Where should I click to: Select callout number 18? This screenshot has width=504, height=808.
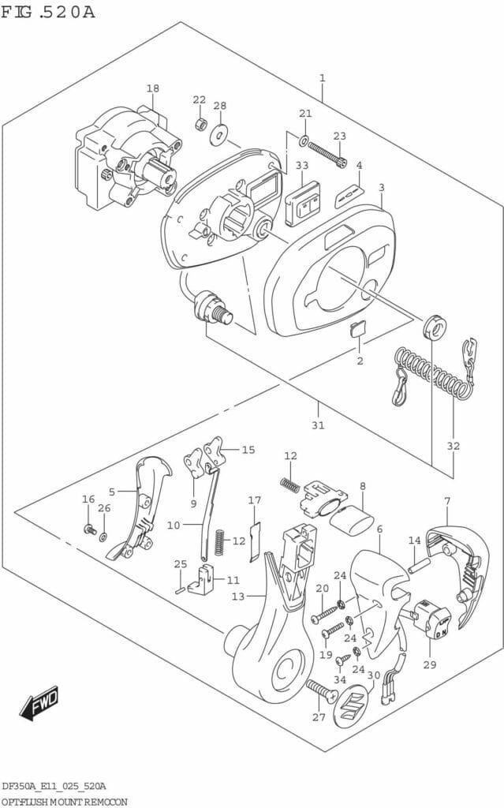152,88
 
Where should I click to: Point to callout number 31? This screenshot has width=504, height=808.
318,426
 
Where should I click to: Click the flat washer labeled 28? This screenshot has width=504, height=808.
218,133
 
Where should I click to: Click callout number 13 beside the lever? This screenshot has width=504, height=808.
238,597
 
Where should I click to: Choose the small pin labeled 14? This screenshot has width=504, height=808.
417,565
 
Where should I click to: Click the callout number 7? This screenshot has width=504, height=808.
447,501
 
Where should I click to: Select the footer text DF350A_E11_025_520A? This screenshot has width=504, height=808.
54,787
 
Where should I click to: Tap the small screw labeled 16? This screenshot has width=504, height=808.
90,529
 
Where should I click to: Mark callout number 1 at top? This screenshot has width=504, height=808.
322,77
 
